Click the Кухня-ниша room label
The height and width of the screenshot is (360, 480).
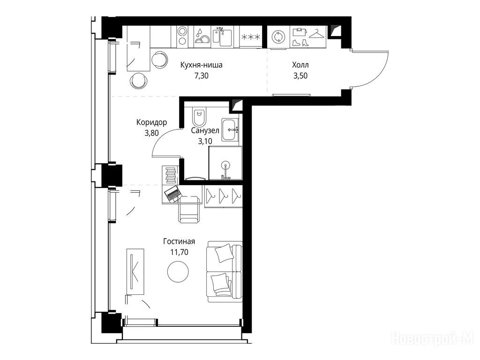coord(201,65)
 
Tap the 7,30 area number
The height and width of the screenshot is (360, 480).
coord(202,75)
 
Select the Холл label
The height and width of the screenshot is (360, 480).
coord(300,65)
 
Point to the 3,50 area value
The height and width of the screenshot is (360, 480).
coord(300,75)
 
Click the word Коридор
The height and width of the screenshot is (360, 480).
coord(151,122)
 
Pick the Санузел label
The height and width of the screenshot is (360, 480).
coord(205,131)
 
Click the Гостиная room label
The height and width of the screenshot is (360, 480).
coord(179,241)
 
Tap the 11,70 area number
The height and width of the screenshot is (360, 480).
coord(180,252)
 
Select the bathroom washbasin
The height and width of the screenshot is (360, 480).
coord(230,130)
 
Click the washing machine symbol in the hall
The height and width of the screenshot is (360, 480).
coord(278,37)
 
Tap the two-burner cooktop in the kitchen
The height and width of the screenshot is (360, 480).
coord(182,36)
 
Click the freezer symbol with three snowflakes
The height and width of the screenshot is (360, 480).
coord(251,37)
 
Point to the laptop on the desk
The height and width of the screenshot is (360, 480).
coord(173,194)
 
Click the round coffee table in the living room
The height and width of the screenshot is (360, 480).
coord(178,271)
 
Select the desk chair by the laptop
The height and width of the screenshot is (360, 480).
coord(190,210)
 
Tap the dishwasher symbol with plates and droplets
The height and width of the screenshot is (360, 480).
coord(202,37)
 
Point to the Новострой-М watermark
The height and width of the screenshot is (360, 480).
coord(433,339)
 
